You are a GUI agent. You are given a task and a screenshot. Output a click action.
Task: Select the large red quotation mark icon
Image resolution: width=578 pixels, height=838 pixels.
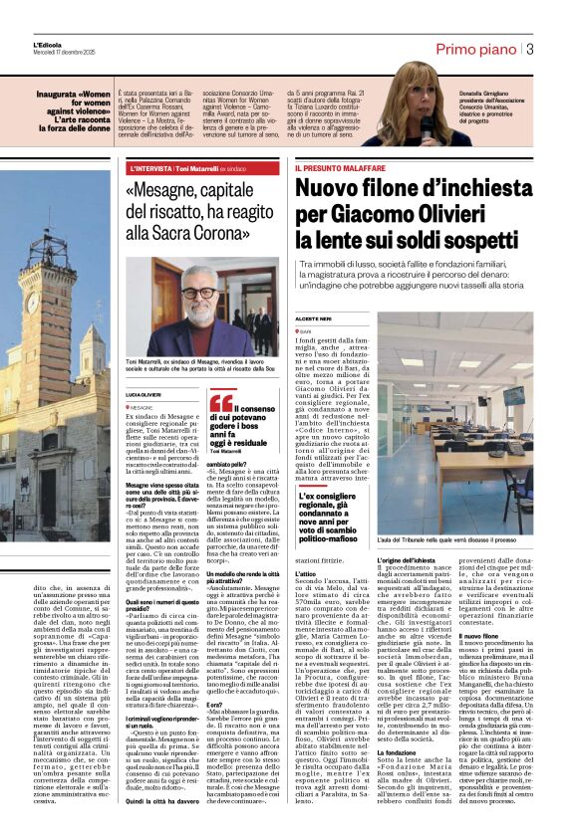pyautogui.click(x=220, y=404)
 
